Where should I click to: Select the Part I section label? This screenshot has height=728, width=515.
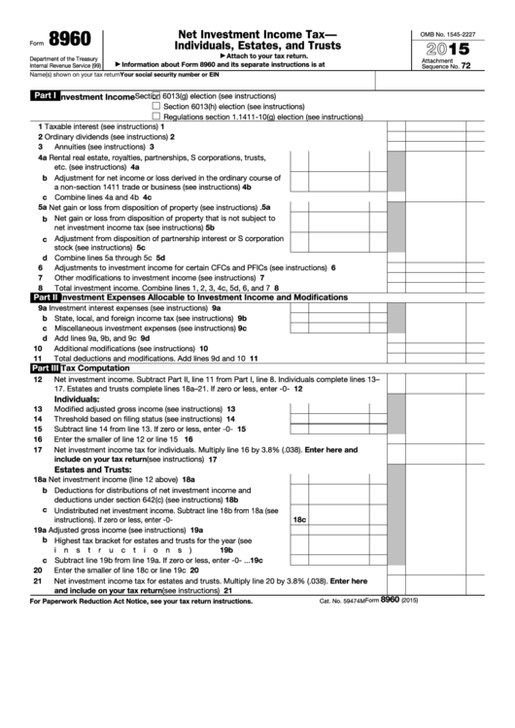point(45,97)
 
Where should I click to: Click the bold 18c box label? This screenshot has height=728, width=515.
point(300,521)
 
